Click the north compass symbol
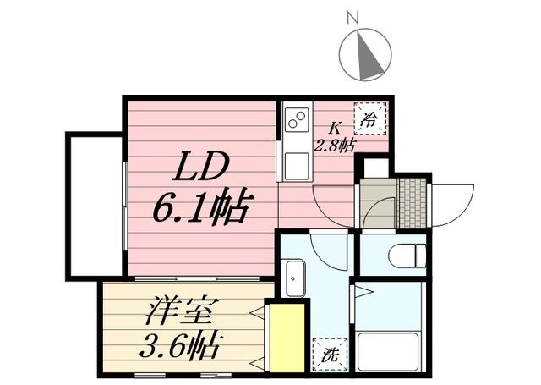(x=365, y=53)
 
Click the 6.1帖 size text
(x=200, y=207)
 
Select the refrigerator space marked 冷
(x=370, y=118)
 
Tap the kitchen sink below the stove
(x=297, y=165)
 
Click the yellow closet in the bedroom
(x=285, y=336)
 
